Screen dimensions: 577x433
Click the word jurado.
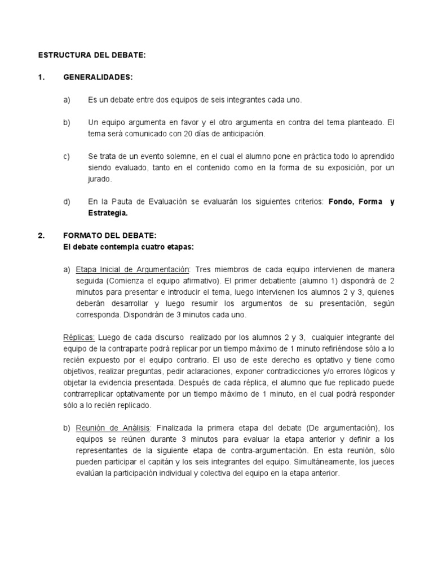100,179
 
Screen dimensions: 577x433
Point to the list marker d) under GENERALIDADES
67,202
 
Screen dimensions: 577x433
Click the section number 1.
41,77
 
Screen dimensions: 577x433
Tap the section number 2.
41,236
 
